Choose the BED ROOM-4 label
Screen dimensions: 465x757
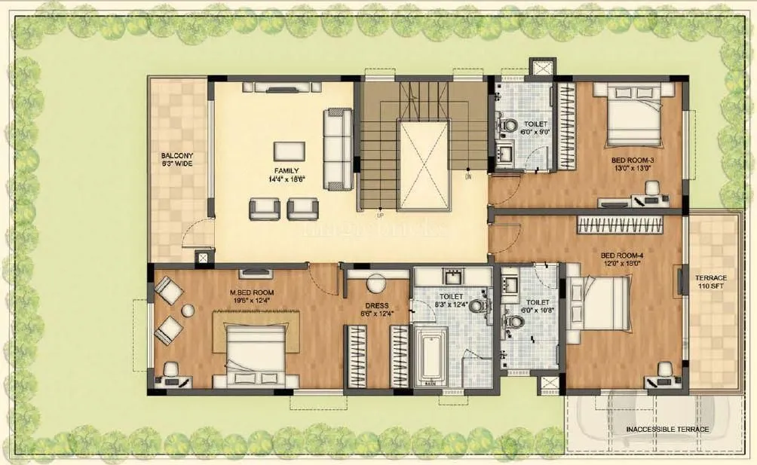click(x=621, y=259)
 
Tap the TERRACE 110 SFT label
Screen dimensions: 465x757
click(x=711, y=282)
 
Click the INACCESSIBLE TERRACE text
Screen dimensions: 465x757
click(x=667, y=430)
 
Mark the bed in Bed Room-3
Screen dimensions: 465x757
click(x=634, y=115)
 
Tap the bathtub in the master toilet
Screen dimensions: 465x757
click(x=431, y=354)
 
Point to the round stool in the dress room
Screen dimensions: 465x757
click(x=375, y=283)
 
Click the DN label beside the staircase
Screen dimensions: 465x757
click(x=467, y=177)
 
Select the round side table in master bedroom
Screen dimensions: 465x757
click(x=186, y=310)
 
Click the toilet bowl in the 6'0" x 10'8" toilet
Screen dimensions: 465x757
click(x=516, y=323)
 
